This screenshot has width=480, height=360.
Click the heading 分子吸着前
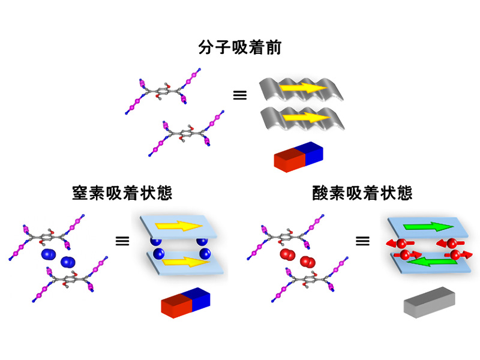point(239,47)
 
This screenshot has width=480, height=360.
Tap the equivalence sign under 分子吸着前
point(240,95)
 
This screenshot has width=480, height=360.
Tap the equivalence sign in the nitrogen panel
point(122,241)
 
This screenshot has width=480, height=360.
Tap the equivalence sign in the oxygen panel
point(362,241)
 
